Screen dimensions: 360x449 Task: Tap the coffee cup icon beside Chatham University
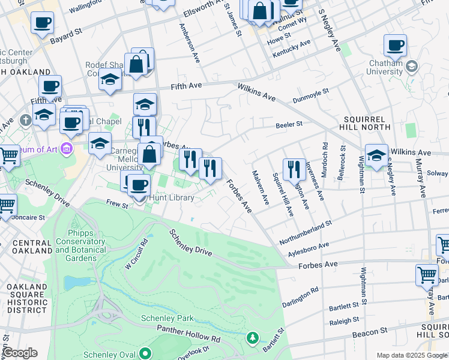395,46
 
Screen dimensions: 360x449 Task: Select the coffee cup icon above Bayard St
41,23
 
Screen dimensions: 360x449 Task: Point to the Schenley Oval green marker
145,353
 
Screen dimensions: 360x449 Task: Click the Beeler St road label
288,125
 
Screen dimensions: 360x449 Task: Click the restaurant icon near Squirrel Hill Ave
294,169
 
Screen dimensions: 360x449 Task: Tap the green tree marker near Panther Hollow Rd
253,339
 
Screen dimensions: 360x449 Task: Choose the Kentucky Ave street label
292,50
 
